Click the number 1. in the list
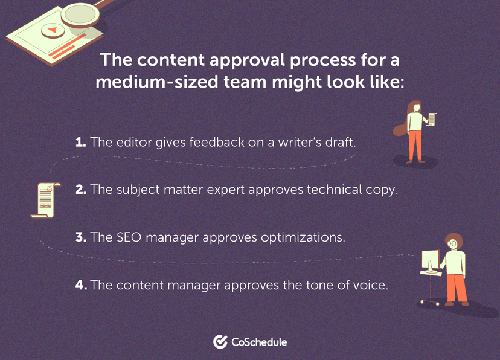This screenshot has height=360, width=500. [82, 143]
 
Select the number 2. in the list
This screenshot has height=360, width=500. [82, 190]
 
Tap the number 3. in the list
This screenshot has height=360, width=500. [82, 237]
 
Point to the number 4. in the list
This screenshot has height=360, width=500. [82, 284]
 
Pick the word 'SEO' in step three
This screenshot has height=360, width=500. [126, 237]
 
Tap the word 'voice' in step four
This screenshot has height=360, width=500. [368, 284]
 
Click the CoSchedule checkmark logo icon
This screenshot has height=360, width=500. [220, 342]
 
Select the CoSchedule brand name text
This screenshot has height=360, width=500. [259, 342]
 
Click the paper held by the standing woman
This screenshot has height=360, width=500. [431, 119]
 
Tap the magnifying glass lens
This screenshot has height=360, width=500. [80, 11]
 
